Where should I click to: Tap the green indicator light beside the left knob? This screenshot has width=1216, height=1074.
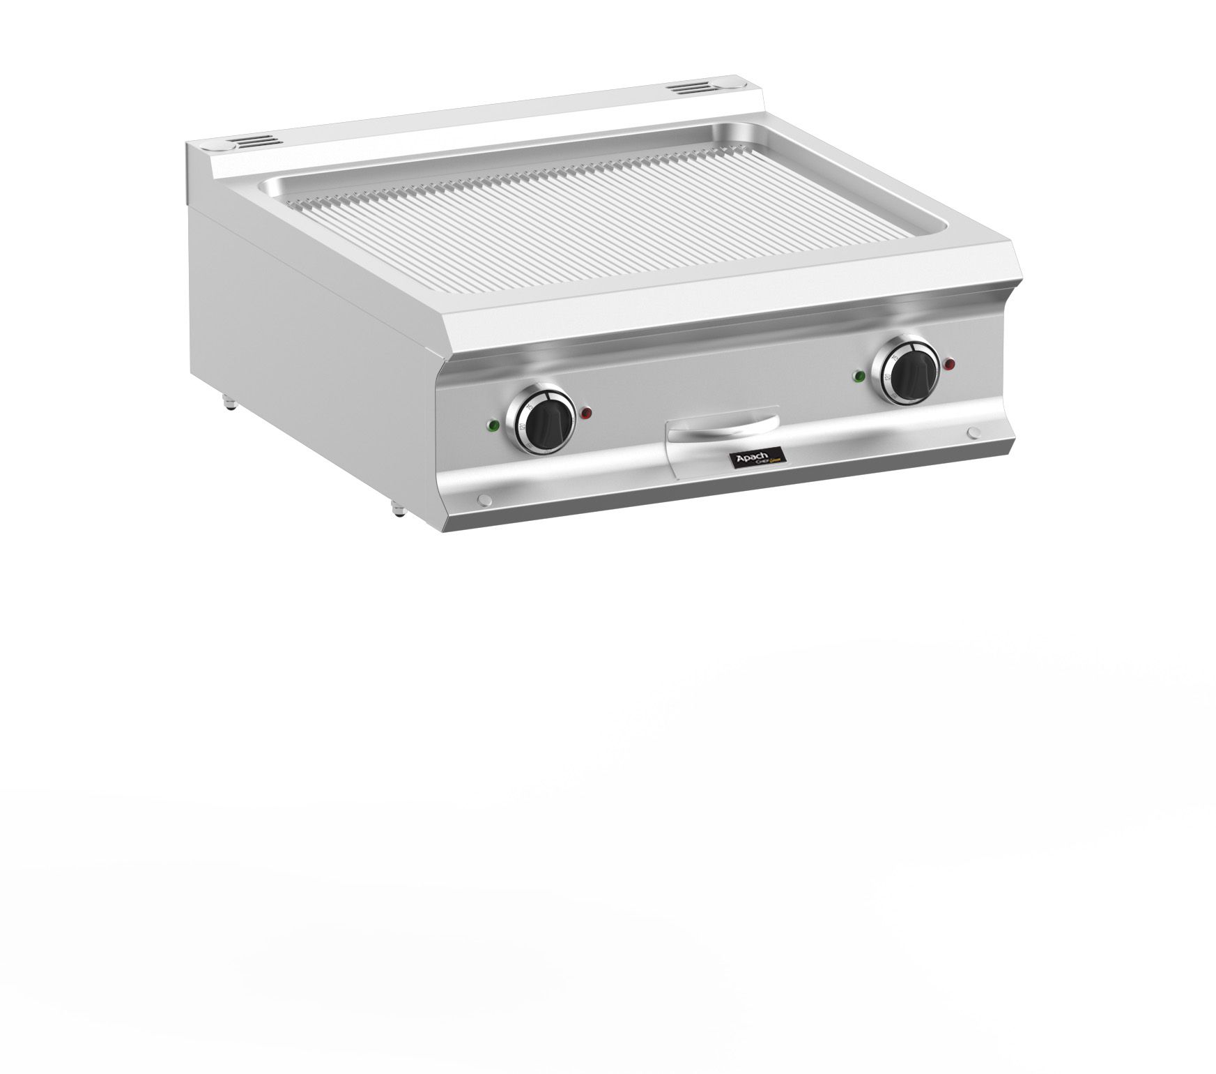tap(493, 425)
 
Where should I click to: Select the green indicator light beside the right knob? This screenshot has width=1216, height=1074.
tap(859, 377)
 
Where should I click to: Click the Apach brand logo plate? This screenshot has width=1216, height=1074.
tap(757, 457)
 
